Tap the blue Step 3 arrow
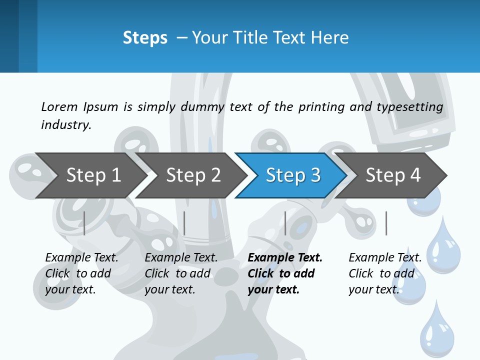(x=293, y=175)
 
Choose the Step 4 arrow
(x=393, y=175)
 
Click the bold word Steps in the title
(x=145, y=38)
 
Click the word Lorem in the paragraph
(x=59, y=106)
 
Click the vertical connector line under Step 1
(x=84, y=223)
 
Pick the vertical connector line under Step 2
(x=184, y=223)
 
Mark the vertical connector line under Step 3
(x=285, y=223)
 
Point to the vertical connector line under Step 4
(x=386, y=223)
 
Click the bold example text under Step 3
(x=283, y=273)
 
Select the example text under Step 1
(x=81, y=273)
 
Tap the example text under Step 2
(x=180, y=273)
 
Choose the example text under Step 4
(x=384, y=273)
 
